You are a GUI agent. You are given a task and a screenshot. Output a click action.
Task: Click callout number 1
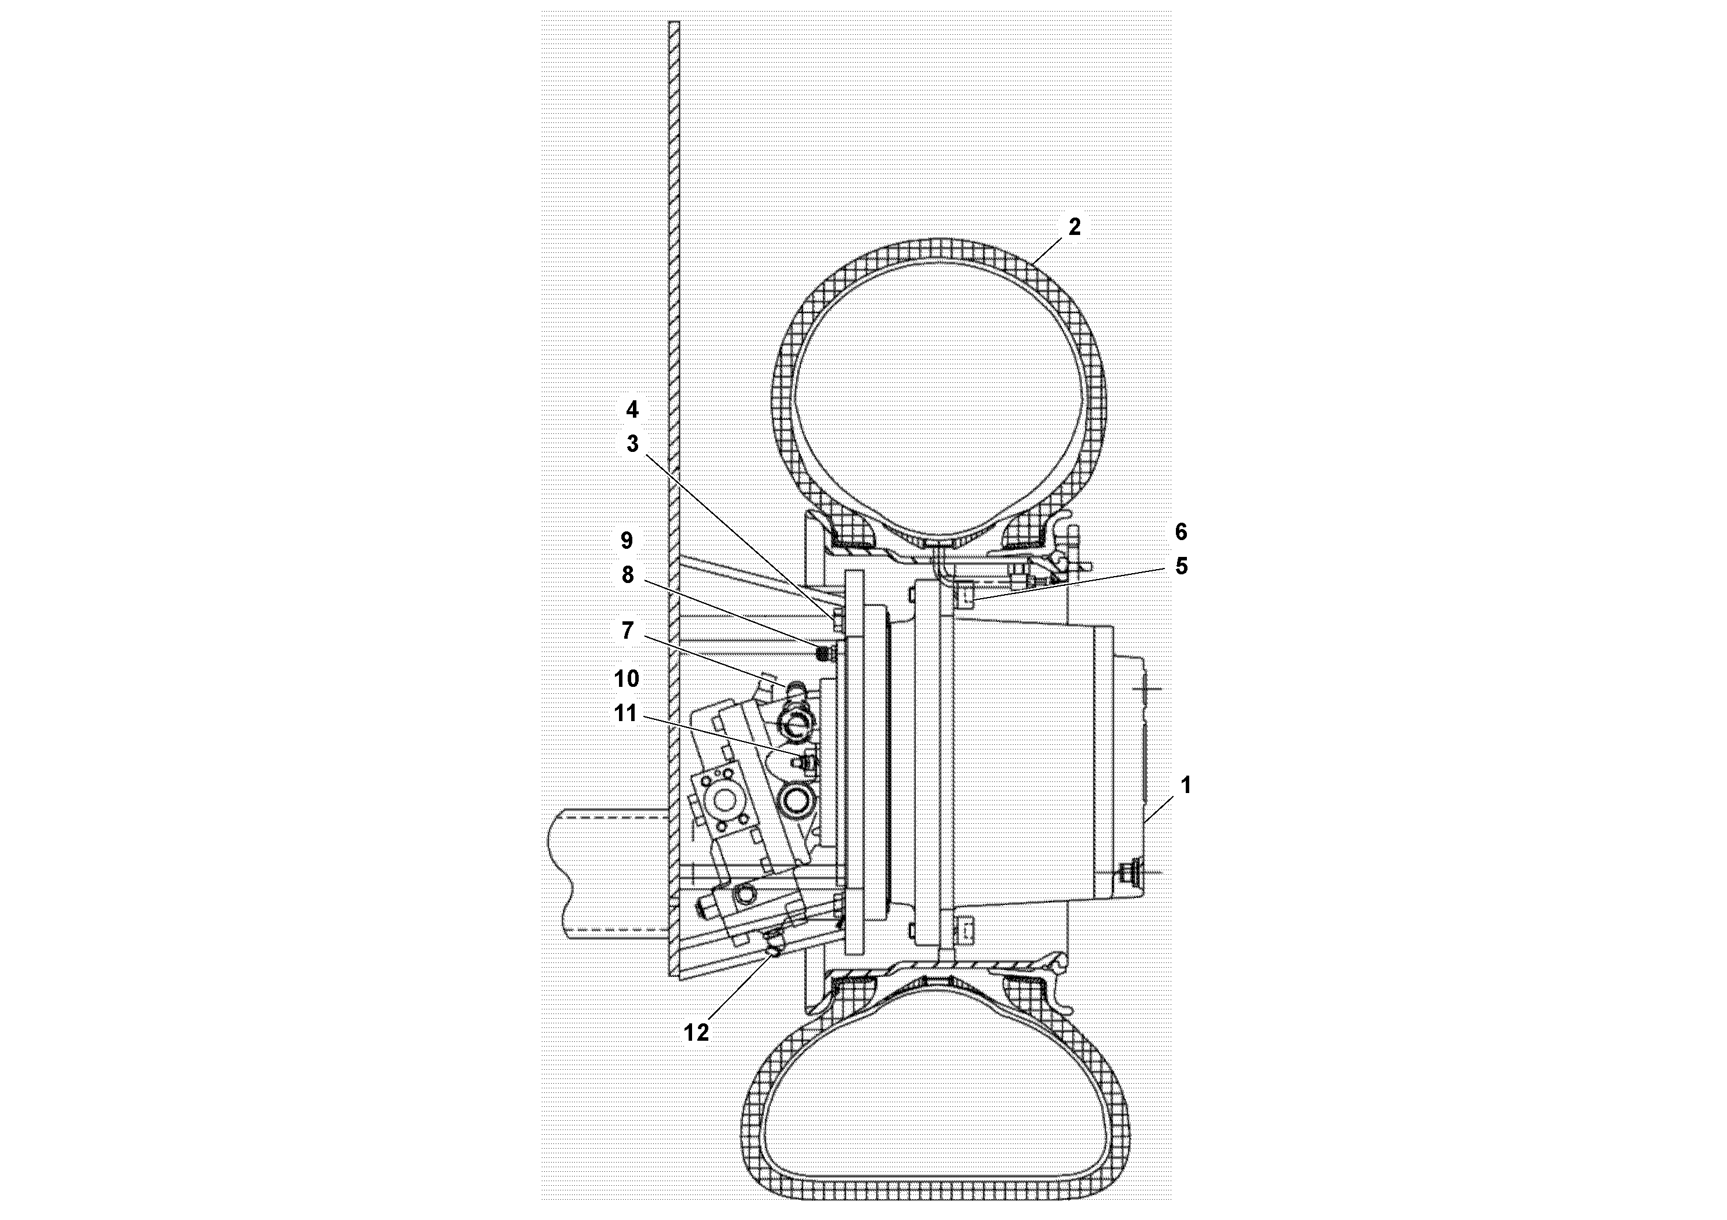click(x=1185, y=785)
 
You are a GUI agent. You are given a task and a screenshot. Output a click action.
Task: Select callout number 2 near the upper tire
click(x=1074, y=226)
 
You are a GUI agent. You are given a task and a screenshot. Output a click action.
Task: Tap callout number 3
click(x=632, y=444)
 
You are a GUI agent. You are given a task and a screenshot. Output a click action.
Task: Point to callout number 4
click(x=632, y=410)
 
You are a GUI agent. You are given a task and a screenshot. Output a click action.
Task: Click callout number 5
click(x=1181, y=566)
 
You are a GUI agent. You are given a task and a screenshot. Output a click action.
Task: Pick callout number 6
click(x=1181, y=532)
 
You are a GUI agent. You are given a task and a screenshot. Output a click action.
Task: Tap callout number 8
click(x=627, y=575)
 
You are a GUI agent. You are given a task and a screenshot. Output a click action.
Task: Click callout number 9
click(x=627, y=540)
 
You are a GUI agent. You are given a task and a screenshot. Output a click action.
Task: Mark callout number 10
click(x=627, y=678)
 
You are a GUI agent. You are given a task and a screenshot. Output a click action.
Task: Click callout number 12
click(x=697, y=1032)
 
